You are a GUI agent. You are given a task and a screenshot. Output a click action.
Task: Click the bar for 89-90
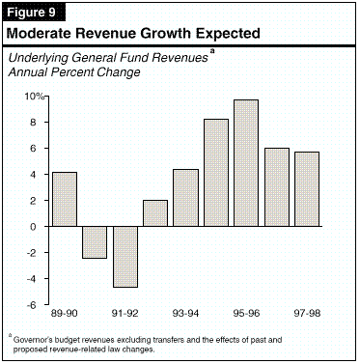click(x=65, y=199)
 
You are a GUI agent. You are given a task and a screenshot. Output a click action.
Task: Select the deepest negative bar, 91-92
click(x=125, y=257)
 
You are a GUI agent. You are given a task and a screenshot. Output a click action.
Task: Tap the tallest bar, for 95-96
click(x=246, y=163)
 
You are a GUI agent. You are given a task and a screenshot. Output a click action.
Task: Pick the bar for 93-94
click(x=185, y=198)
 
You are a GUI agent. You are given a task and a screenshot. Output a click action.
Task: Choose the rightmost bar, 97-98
click(x=307, y=189)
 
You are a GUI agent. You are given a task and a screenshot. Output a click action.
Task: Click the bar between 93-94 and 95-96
click(x=216, y=173)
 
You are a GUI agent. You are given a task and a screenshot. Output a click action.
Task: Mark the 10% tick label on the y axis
click(x=35, y=96)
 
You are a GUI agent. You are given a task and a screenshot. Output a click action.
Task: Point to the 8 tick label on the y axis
click(x=37, y=123)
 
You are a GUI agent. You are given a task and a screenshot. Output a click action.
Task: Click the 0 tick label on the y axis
click(x=38, y=227)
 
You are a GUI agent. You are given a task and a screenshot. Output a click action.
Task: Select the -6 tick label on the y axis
click(x=35, y=304)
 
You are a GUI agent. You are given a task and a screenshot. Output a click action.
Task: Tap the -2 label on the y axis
click(x=35, y=252)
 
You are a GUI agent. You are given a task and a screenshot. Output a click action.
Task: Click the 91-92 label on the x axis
click(x=125, y=313)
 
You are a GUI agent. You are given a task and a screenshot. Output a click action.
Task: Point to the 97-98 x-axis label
click(x=307, y=313)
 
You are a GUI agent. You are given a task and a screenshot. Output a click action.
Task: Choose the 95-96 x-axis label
click(x=246, y=313)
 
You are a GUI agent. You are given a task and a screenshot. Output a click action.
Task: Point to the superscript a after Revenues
click(x=212, y=51)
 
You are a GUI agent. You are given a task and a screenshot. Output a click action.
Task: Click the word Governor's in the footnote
click(x=32, y=340)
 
